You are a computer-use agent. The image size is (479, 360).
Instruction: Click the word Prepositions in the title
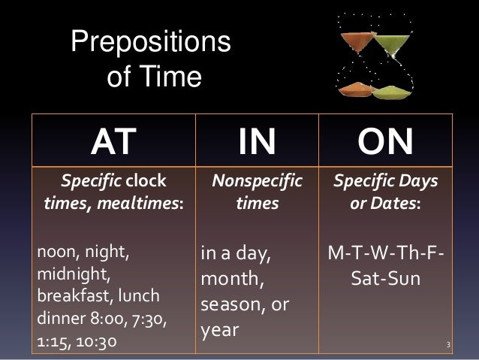tap(150, 44)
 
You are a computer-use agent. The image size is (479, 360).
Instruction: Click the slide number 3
tap(447, 346)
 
